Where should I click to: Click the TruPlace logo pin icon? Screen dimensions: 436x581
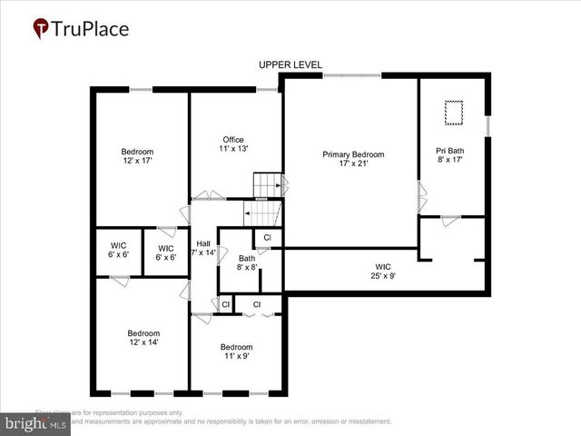[x=42, y=29]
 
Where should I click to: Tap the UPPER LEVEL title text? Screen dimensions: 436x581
[x=290, y=64]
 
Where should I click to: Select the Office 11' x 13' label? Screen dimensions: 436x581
[x=233, y=144]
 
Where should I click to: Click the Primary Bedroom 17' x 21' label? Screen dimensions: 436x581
[x=353, y=160]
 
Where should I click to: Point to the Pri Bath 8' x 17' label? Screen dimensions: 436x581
[x=450, y=154]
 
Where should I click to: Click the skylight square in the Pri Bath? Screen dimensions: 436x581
[x=452, y=113]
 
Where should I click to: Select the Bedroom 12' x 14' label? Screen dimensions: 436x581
[x=143, y=338]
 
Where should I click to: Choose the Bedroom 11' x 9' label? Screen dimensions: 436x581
[x=236, y=352]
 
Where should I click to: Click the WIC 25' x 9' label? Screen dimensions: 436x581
[x=383, y=272]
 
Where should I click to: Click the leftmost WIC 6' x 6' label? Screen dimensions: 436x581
[x=119, y=251]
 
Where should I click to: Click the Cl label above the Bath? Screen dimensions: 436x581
[x=267, y=238]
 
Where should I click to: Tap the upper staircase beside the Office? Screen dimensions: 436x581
[x=265, y=185]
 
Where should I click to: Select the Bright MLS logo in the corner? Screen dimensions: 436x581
[x=34, y=423]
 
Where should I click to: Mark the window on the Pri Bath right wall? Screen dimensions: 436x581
[x=488, y=124]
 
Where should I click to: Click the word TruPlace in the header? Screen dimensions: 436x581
[x=91, y=29]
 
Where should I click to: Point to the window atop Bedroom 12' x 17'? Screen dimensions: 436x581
[x=141, y=89]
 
